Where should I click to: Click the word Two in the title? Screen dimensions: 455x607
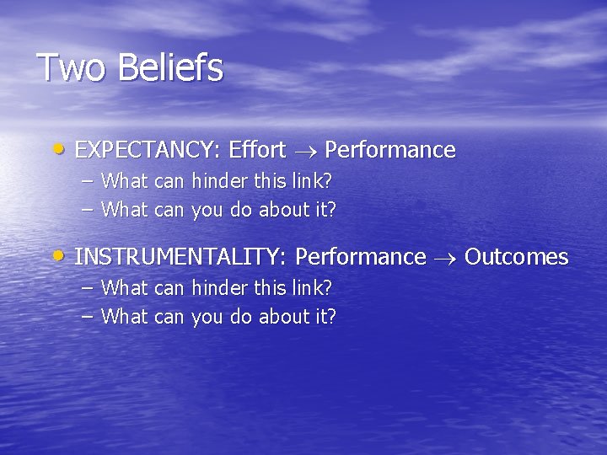73,68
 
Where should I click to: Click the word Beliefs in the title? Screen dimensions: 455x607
171,68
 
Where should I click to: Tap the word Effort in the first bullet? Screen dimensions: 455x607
257,151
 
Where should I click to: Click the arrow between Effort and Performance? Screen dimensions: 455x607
304,152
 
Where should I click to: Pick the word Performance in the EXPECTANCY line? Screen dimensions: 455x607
389,151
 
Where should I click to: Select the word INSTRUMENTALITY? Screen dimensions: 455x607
182,257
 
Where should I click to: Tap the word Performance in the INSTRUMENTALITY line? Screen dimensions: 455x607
361,257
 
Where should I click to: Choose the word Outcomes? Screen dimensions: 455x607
516,257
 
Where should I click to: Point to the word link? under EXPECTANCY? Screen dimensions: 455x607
310,180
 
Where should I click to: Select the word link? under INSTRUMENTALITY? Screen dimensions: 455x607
310,287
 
